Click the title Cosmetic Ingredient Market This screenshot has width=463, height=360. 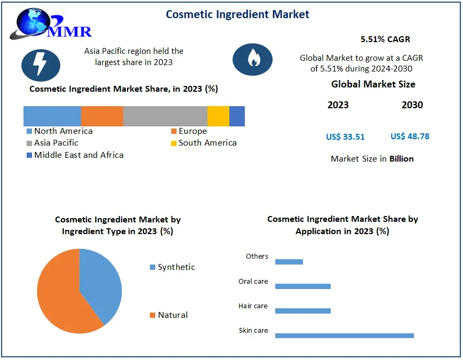tap(237, 14)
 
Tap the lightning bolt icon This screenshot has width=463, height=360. tap(41, 64)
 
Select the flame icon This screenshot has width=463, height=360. tap(253, 59)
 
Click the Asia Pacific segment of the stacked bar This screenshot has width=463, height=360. tap(165, 116)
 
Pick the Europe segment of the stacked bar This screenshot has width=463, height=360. tap(102, 116)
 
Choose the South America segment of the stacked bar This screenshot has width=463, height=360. tap(218, 116)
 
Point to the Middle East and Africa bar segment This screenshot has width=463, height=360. tap(237, 116)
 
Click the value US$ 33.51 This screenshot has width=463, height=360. tap(345, 137)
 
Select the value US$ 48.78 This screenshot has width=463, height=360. tap(410, 136)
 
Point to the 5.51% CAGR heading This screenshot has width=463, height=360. tap(385, 39)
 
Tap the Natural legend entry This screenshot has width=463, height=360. tap(172, 315)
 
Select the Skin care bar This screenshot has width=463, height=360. tap(344, 335)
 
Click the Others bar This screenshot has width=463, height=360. tap(289, 261)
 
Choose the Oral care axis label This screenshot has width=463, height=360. tap(253, 281)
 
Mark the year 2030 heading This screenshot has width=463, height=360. tap(412, 105)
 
